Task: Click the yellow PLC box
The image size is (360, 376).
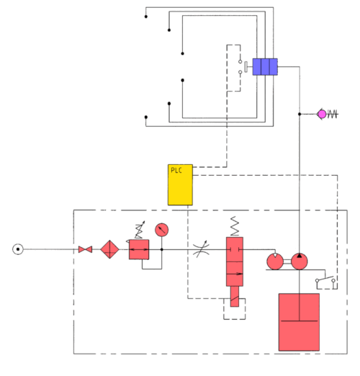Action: tap(180, 184)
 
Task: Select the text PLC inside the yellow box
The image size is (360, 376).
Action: tap(176, 171)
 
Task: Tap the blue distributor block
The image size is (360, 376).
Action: tap(264, 67)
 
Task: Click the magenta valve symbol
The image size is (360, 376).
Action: tap(321, 114)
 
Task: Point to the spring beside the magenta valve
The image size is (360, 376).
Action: tap(333, 114)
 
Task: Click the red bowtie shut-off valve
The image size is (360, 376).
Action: tap(85, 249)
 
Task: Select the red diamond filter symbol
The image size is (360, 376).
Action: tap(109, 249)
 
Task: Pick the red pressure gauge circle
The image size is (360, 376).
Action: tap(161, 229)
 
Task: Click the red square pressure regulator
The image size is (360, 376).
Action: tap(138, 249)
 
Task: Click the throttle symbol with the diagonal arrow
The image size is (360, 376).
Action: tap(199, 250)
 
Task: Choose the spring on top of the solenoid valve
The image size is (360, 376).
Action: tap(234, 226)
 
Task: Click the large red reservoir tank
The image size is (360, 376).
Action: tap(299, 321)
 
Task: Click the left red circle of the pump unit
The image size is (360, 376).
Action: tap(274, 261)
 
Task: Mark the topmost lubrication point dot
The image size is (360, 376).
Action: tap(146, 17)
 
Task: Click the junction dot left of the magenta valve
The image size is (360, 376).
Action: tap(299, 114)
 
